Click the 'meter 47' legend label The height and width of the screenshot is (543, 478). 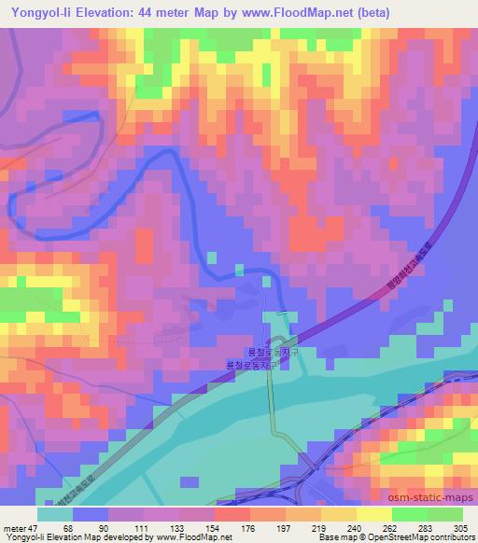pyautogui.click(x=22, y=527)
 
